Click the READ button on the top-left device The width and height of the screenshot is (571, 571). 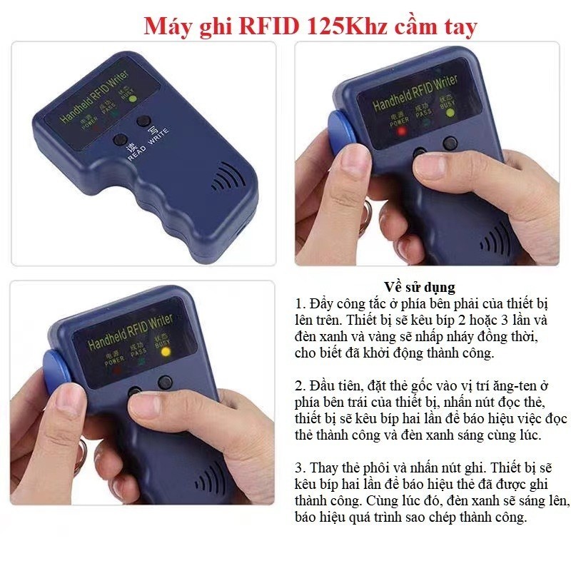coord(120,140)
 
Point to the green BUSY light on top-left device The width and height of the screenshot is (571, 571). coord(133,98)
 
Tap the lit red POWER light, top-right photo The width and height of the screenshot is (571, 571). coord(402,131)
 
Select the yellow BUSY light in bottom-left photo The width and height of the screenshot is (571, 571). coord(166,352)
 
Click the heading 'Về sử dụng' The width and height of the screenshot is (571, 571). coord(419,288)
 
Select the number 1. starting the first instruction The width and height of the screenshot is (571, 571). coord(300,304)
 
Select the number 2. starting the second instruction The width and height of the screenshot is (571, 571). coord(300,385)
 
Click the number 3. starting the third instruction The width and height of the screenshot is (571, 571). coord(300,468)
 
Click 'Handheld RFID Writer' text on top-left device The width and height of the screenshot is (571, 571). coord(95,97)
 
